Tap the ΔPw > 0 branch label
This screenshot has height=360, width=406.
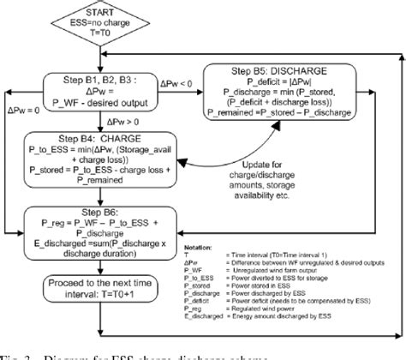point(149,119)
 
